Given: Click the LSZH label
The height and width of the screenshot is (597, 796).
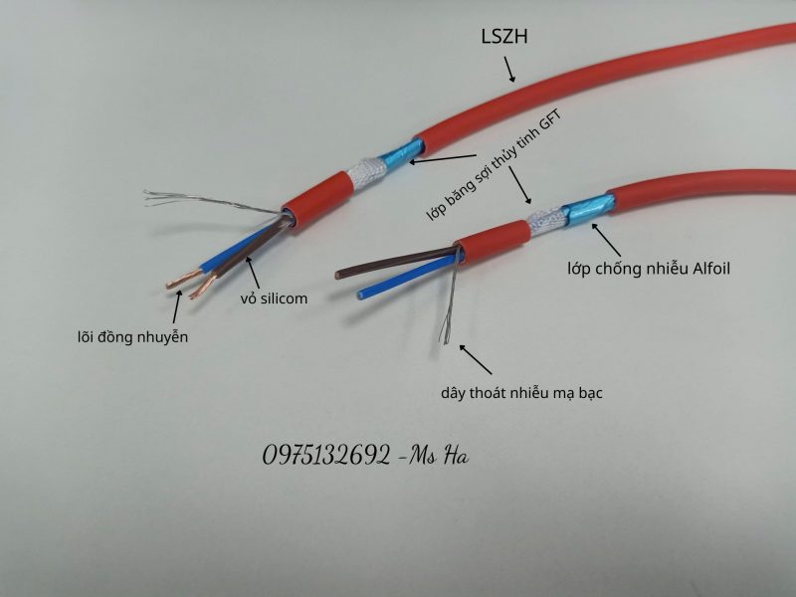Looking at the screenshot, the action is pos(504,37).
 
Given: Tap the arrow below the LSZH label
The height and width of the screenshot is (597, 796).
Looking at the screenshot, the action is pos(509,70).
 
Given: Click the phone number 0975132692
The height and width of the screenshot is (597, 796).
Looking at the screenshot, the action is pos(326,456).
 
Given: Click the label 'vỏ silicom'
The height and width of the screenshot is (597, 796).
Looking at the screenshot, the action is pos(274,298).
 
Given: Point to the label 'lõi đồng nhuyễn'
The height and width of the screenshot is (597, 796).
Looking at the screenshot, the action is pos(132,337).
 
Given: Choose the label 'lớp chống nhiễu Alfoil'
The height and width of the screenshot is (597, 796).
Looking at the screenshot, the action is pos(649,269).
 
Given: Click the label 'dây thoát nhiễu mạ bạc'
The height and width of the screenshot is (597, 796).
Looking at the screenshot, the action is pos(521,393).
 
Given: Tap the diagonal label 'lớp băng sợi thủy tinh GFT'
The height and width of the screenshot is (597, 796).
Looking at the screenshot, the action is pos(494,166).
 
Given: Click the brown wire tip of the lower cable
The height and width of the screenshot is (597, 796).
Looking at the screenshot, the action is pos(338,276).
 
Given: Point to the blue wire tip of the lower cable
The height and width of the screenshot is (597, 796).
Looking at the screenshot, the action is pos(361,295).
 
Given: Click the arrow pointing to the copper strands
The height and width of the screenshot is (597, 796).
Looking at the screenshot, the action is pos(177,306).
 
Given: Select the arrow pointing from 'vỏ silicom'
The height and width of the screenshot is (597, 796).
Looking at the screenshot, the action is pos(253,273).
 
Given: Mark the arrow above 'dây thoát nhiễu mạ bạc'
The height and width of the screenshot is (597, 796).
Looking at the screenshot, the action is pos(476,359).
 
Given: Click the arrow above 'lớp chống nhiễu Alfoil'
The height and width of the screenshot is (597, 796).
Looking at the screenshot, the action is pos(606,240).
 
